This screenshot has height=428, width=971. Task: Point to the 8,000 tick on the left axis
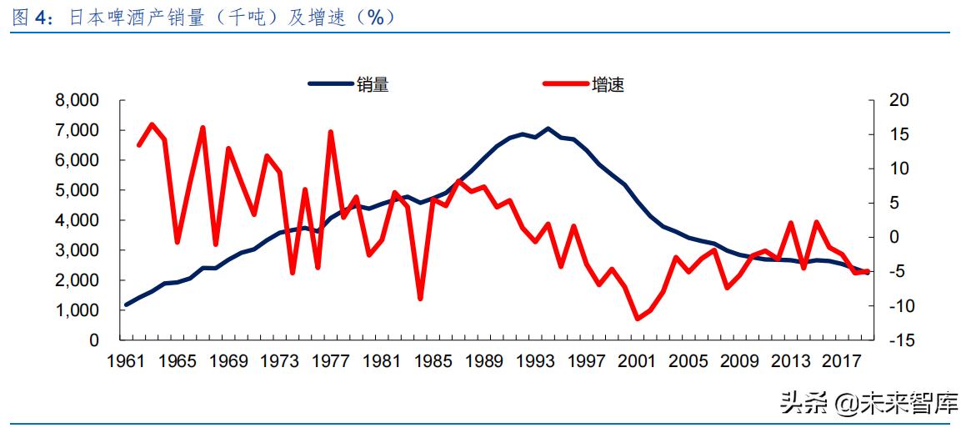click(78, 100)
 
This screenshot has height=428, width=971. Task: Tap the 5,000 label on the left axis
click(78, 190)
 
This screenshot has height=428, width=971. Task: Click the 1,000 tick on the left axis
click(78, 310)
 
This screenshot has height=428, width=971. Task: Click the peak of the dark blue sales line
click(548, 128)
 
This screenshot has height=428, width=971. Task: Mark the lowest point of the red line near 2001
click(638, 319)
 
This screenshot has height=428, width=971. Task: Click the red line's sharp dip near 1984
click(420, 299)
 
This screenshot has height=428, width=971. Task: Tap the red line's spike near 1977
click(331, 132)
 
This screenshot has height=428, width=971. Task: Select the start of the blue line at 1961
click(126, 305)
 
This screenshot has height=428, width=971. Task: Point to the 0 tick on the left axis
click(94, 340)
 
